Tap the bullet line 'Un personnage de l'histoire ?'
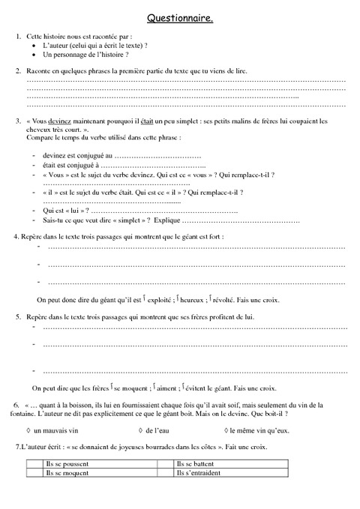(85, 55)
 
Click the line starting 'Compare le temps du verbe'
(103, 138)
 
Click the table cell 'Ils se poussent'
(67, 465)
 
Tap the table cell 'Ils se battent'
(196, 465)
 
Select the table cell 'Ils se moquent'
(67, 474)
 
